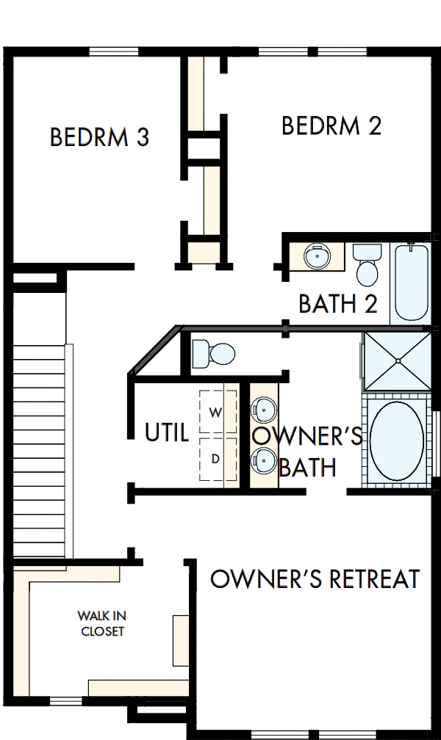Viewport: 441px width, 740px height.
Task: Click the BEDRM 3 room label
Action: coord(99,137)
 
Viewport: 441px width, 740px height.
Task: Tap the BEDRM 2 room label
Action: coord(331,126)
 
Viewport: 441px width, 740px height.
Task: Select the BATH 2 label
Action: coord(338,303)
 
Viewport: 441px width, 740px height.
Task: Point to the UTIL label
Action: coord(168,432)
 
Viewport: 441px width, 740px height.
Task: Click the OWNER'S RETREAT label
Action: coord(315,578)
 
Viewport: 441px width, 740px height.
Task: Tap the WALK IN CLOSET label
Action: coord(102,623)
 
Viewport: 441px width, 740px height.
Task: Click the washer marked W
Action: coord(216,413)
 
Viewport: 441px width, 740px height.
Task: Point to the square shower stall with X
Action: coord(397,360)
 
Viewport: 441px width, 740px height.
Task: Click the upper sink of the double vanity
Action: coord(263,408)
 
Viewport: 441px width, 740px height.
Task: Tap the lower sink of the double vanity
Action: coord(263,461)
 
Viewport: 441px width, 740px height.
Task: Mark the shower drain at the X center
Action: coord(398,360)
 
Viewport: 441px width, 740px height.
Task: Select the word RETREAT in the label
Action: coord(367,578)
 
